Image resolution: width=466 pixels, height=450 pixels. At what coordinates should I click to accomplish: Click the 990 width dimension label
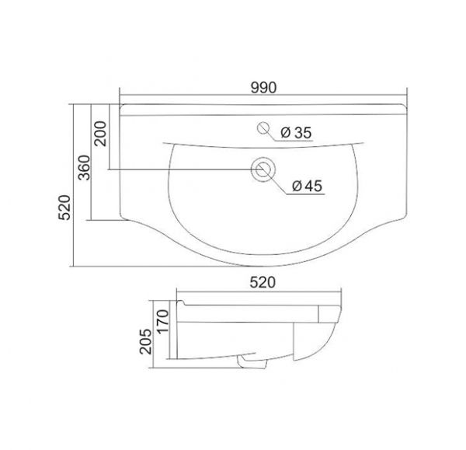tap(263, 88)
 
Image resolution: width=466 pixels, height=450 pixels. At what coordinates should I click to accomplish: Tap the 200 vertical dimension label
tap(100, 134)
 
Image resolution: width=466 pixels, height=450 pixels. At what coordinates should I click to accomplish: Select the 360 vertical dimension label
tap(84, 167)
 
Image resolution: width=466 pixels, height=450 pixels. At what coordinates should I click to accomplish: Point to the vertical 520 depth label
tap(64, 208)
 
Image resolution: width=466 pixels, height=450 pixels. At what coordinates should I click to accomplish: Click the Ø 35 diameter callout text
tap(296, 133)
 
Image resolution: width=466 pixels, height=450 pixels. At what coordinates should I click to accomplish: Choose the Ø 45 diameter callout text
tap(307, 187)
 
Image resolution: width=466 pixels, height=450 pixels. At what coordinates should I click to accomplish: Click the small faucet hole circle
tap(263, 128)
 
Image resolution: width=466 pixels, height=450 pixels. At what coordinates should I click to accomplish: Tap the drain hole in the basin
tap(263, 169)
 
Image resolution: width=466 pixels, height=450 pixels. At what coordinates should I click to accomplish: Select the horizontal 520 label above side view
tap(263, 282)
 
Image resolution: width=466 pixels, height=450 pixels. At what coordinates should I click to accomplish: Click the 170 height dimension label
tap(163, 321)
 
